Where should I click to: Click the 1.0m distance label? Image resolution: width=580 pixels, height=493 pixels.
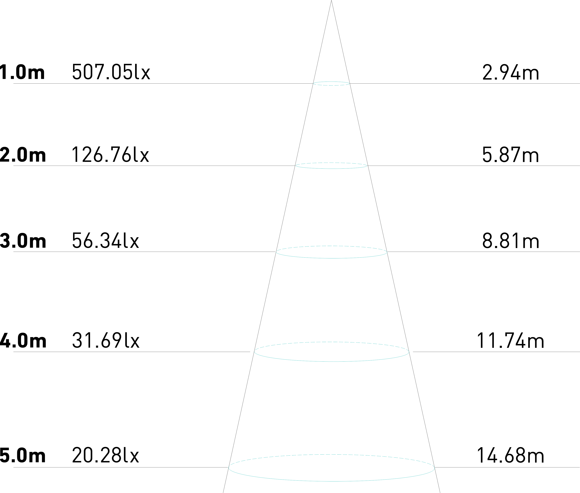[x=22, y=72]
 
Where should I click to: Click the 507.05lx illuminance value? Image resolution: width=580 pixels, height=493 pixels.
[x=111, y=72]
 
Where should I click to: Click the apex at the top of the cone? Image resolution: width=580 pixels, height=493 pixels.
[x=331, y=1]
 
